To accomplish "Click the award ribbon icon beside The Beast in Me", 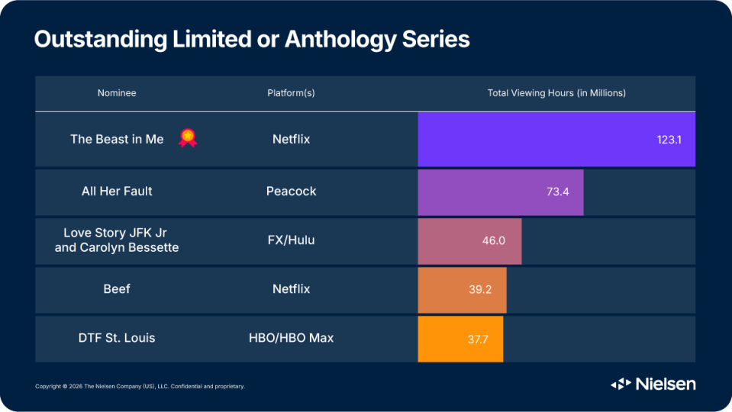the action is [188, 138].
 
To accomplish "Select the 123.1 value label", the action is [669, 140].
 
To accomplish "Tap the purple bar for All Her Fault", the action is [501, 192].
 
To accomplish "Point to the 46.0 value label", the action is [493, 240].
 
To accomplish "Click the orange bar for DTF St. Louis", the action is [460, 340].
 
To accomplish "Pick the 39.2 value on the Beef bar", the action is [480, 289].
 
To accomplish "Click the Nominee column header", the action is [117, 93].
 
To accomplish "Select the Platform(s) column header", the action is [291, 93].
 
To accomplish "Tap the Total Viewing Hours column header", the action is [556, 93].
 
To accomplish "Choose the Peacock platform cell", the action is [291, 192].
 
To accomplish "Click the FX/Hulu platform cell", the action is [291, 240].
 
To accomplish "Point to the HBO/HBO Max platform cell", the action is [291, 338].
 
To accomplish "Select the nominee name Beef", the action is [117, 289].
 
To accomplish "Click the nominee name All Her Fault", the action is [117, 192].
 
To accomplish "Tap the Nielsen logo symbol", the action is [621, 384].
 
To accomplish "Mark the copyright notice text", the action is [140, 386].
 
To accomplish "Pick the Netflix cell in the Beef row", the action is [291, 289].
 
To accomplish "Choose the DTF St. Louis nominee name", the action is [117, 338].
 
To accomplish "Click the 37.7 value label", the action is [478, 340].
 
